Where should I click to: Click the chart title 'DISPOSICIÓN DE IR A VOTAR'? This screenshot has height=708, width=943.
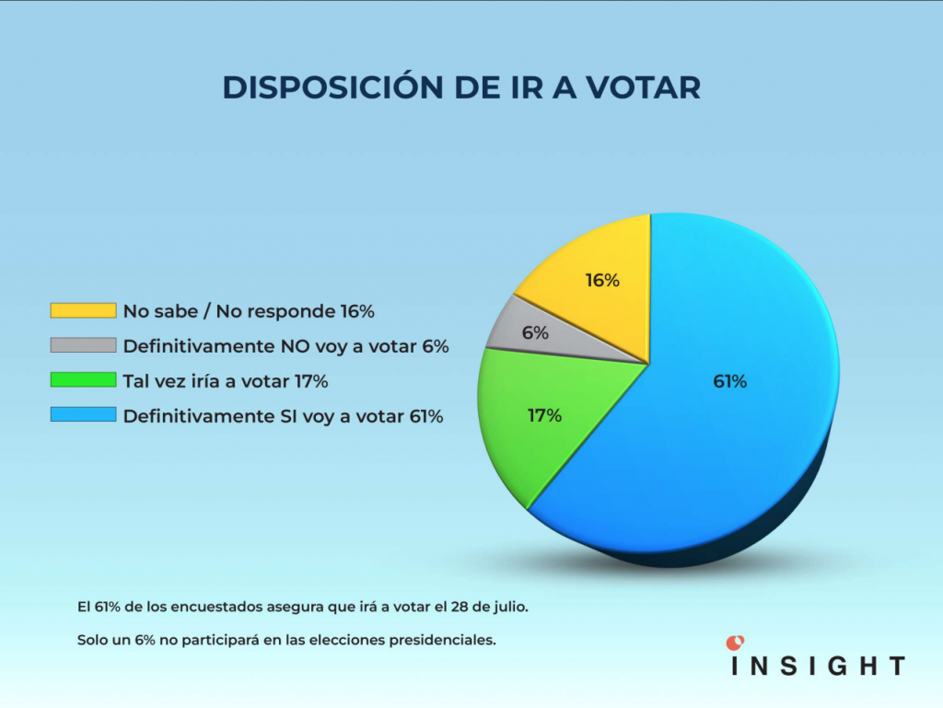click(x=461, y=87)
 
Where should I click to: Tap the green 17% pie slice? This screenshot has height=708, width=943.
click(x=534, y=442)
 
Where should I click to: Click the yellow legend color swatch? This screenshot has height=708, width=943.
click(x=83, y=311)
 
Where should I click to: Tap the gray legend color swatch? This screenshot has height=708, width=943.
click(x=83, y=346)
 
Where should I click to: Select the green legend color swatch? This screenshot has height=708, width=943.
click(x=83, y=380)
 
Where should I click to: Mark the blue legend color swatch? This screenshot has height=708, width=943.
click(x=83, y=415)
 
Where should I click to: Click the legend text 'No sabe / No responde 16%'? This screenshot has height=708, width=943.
click(x=249, y=311)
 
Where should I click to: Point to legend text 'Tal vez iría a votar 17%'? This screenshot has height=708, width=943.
click(x=226, y=381)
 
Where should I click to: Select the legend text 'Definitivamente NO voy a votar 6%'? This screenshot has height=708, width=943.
click(x=285, y=346)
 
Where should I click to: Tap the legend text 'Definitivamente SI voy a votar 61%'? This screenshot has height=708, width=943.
click(x=284, y=416)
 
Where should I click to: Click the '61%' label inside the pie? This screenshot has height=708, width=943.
click(x=729, y=381)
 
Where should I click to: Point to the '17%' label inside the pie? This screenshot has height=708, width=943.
click(x=544, y=415)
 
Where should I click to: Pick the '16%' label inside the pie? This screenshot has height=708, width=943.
click(x=602, y=281)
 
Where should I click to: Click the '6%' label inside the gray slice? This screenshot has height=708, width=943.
click(x=535, y=333)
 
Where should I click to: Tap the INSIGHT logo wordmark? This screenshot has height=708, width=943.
click(x=818, y=666)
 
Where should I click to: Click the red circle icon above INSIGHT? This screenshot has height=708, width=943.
click(x=735, y=642)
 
